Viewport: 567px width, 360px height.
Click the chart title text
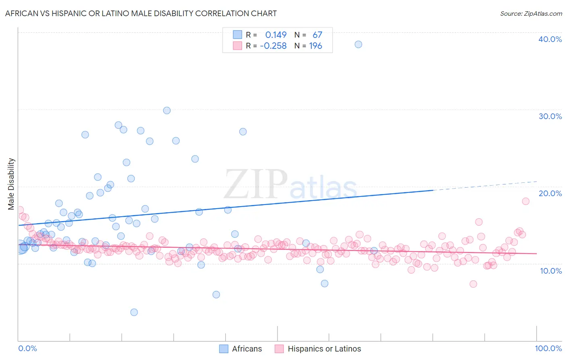141,13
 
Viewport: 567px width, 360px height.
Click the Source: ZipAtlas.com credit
531,13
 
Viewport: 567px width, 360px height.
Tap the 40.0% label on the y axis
550,39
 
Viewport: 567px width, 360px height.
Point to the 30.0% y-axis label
550,116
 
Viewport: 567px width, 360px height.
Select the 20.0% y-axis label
550,193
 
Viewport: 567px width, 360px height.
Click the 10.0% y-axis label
551,271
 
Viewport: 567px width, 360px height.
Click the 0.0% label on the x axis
27,348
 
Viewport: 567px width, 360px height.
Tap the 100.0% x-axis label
548,348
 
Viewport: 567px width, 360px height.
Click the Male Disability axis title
11,184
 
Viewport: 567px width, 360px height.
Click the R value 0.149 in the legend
276,35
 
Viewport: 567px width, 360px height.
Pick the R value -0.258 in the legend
273,46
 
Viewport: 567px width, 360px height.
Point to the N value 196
315,46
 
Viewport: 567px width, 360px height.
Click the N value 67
317,35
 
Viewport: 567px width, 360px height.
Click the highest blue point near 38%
358,44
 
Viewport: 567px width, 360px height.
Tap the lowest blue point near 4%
134,312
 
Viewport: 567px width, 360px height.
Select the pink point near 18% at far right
525,201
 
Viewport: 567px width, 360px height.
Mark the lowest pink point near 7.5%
473,284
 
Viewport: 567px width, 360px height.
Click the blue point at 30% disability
167,110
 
